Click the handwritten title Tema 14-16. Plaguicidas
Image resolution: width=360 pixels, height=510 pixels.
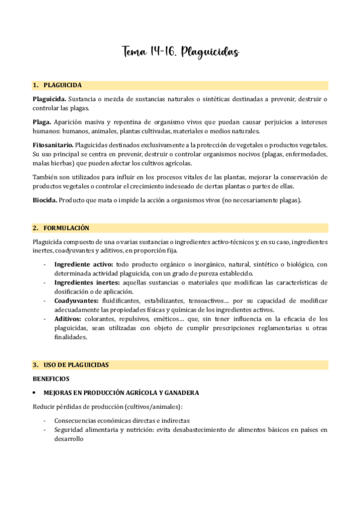point(180,53)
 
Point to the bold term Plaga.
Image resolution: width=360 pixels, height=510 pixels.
point(41,122)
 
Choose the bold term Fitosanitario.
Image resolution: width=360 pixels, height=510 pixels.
point(53,145)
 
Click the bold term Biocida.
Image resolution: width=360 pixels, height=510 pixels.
point(44,200)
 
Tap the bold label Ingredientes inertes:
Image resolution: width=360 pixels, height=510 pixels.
point(87,282)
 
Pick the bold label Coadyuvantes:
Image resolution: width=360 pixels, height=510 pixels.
point(75,301)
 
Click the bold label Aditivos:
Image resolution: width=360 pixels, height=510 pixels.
point(67,319)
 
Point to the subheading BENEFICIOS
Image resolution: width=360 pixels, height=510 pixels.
point(51,378)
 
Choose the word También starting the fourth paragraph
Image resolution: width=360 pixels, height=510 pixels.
point(44,177)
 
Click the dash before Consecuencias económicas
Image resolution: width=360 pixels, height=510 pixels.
point(45,421)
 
